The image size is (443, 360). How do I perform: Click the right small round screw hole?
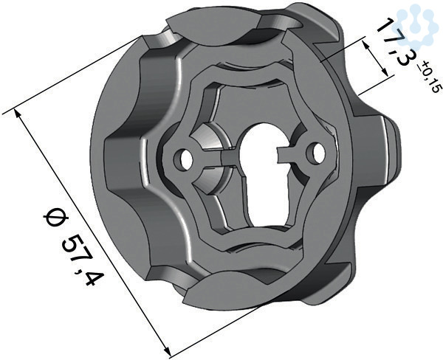(x=316, y=152)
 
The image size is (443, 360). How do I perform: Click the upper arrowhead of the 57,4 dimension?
(x=18, y=114)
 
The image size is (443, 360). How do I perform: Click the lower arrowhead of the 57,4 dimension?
(x=168, y=351)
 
